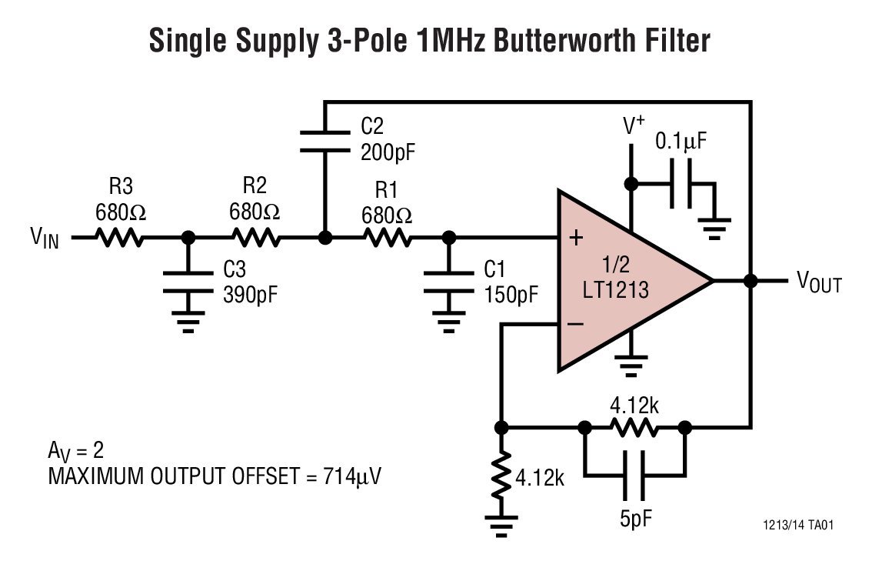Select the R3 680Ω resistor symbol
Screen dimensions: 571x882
[x=119, y=238]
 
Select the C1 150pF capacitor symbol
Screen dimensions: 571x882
[x=446, y=282]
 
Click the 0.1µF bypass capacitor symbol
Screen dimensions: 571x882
[x=681, y=184]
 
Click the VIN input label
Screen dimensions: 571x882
[x=45, y=238]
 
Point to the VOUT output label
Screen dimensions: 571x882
[x=818, y=283]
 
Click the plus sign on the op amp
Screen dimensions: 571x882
[x=574, y=238]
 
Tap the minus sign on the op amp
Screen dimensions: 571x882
[x=574, y=324]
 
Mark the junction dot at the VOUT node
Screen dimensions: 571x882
[x=751, y=281]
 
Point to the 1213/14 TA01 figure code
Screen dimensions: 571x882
[x=797, y=526]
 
